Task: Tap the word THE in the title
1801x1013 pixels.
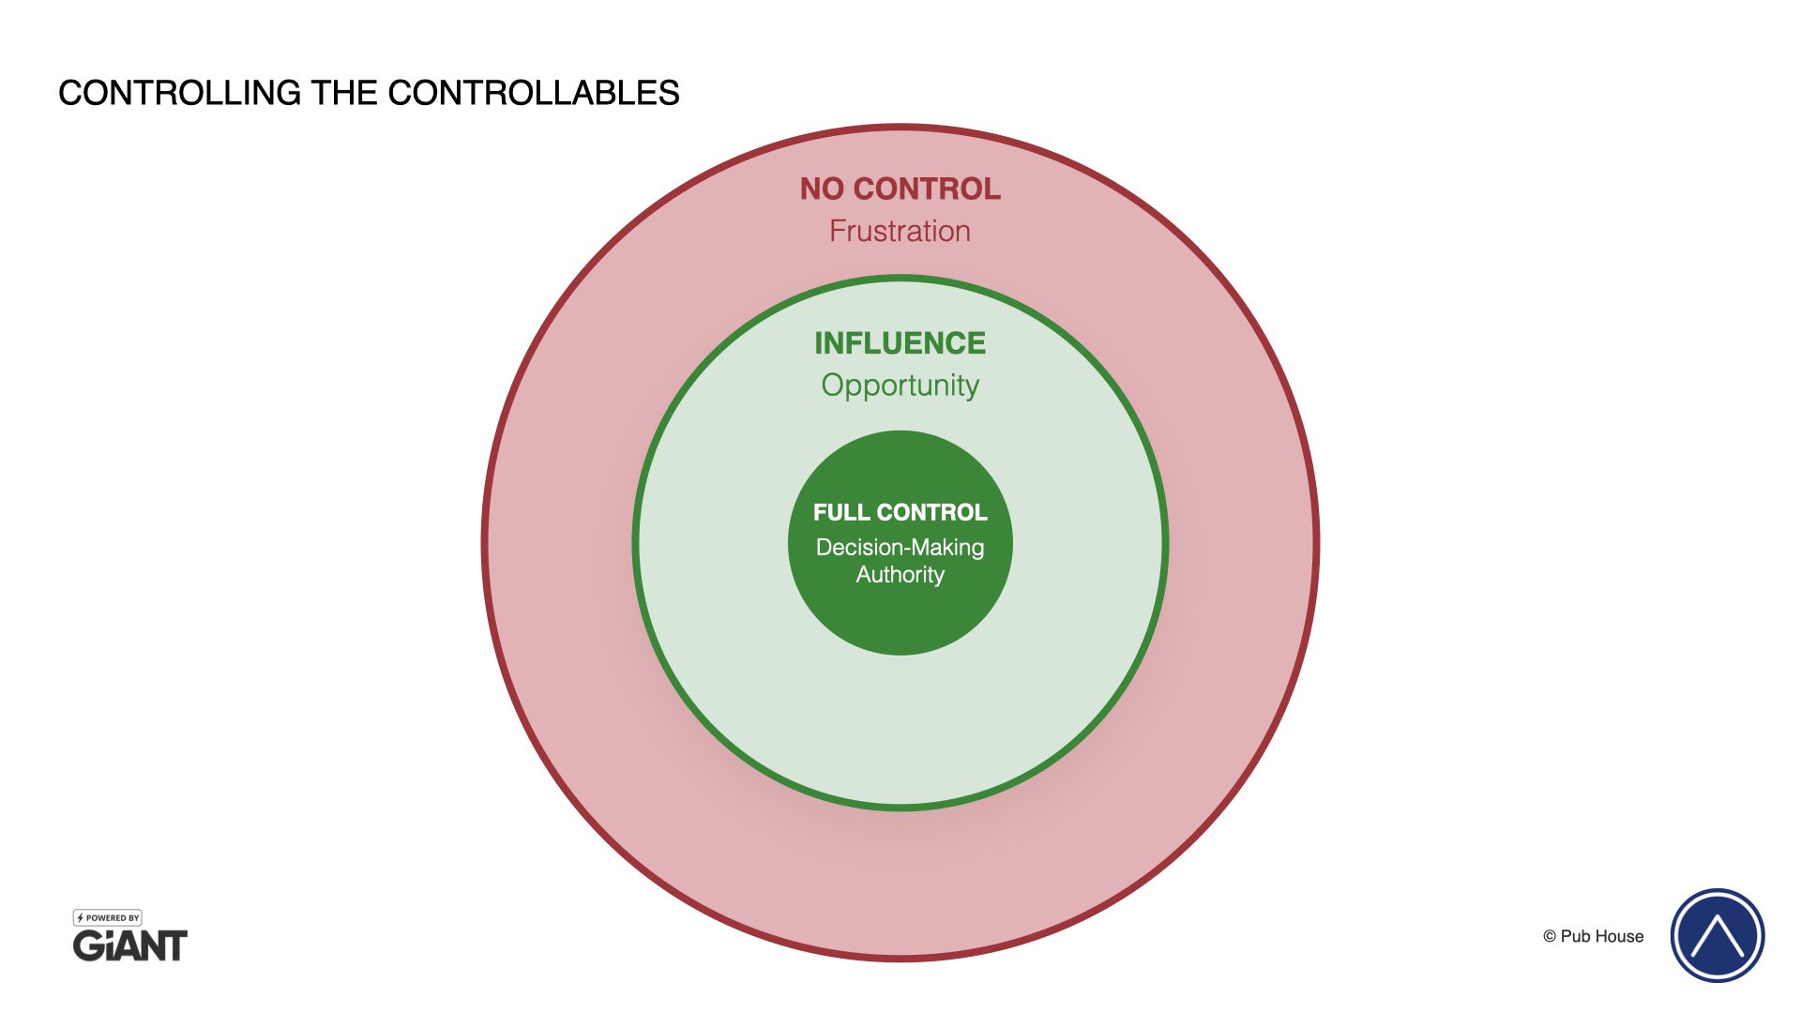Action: (x=344, y=93)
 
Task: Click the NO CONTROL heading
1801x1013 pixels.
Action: (x=900, y=189)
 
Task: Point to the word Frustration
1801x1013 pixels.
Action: (x=900, y=231)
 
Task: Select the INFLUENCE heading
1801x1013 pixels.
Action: (x=900, y=343)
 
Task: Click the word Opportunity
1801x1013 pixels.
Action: (x=900, y=386)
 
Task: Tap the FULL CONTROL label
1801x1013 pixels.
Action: (x=900, y=512)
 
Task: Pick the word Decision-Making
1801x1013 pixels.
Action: (x=900, y=547)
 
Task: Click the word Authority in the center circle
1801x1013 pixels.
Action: (x=900, y=574)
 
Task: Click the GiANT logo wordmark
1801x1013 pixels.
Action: (x=130, y=945)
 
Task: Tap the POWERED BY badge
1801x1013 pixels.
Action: (x=108, y=917)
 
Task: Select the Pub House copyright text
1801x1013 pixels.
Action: (x=1593, y=936)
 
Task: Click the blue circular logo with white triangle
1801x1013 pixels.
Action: (x=1717, y=935)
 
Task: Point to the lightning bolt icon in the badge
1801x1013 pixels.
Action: (x=81, y=917)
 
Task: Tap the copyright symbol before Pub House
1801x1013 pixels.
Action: (x=1550, y=936)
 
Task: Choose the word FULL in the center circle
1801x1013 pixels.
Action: (x=841, y=512)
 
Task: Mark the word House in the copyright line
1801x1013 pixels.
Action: (x=1622, y=936)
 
